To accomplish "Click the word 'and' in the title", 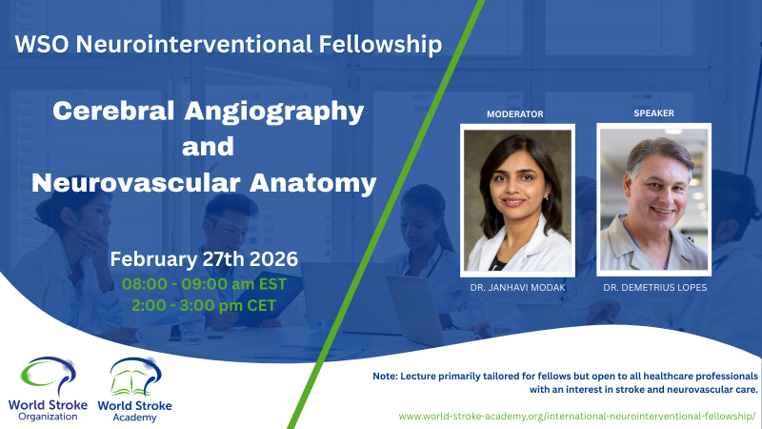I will pyautogui.click(x=209, y=147).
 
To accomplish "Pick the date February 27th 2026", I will pyautogui.click(x=205, y=259).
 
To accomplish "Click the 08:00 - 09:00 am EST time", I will pyautogui.click(x=205, y=283).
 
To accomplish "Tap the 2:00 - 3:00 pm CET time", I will pyautogui.click(x=205, y=305).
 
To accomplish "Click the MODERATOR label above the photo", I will pyautogui.click(x=514, y=114).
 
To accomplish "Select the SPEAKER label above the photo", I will pyautogui.click(x=652, y=113).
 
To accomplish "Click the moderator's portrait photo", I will pyautogui.click(x=516, y=198).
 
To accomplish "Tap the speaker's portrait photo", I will pyautogui.click(x=652, y=198).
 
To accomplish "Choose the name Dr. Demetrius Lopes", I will pyautogui.click(x=653, y=288).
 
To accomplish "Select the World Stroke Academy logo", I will pyautogui.click(x=139, y=386).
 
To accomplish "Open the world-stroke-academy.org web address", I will pyautogui.click(x=577, y=417).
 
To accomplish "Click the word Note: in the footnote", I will pyautogui.click(x=389, y=377).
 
